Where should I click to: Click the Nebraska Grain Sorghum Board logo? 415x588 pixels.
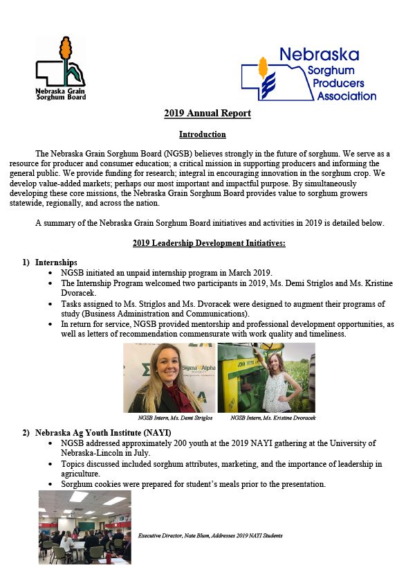61,69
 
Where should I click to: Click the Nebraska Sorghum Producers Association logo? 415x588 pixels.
308,74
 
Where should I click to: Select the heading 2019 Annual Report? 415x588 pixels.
207,114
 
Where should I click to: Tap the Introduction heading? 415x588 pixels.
202,134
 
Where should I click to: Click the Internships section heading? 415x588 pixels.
56,262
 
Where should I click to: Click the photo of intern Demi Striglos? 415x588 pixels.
168,377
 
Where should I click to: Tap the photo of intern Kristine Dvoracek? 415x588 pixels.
266,377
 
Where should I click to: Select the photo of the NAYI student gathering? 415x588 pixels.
84,526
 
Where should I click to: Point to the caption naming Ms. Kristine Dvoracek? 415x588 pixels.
273,418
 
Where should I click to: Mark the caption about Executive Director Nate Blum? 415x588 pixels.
210,535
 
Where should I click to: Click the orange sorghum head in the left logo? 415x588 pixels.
66,48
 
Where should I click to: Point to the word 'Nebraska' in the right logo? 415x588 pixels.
319,55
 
